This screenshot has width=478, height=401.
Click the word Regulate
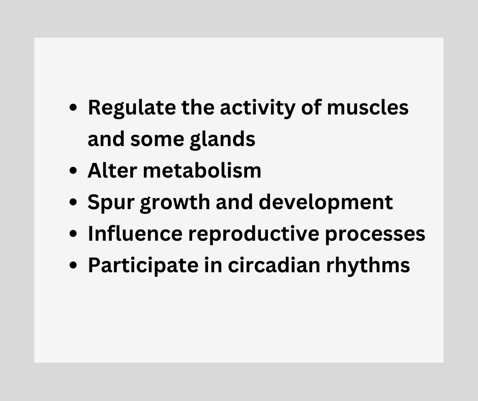click(132, 108)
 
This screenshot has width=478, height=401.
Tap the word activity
click(257, 108)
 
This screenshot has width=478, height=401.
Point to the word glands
click(222, 140)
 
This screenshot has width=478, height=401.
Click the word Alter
click(112, 170)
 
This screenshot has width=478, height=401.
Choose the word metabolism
click(202, 170)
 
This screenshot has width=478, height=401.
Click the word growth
click(175, 203)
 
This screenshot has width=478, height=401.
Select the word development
click(325, 203)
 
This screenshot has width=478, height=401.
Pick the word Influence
click(135, 233)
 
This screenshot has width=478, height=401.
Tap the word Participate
click(143, 266)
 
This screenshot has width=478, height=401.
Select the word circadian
click(274, 265)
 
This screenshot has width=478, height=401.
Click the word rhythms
click(368, 266)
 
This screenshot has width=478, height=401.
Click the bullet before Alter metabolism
click(73, 170)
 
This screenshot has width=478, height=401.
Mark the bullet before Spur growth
click(73, 202)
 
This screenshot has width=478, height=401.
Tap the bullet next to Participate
click(73, 265)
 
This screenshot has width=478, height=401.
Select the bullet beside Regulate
click(73, 107)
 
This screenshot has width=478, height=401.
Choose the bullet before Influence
click(73, 233)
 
